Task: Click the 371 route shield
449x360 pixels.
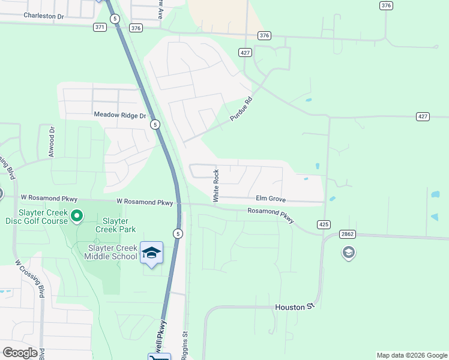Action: pyautogui.click(x=100, y=27)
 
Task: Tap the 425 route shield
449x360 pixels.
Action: pyautogui.click(x=324, y=224)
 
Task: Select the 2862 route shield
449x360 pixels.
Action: pyautogui.click(x=348, y=234)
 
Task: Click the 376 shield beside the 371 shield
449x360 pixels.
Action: pyautogui.click(x=136, y=28)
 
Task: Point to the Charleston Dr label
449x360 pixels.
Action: pyautogui.click(x=43, y=16)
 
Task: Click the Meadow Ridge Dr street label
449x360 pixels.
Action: pyautogui.click(x=120, y=115)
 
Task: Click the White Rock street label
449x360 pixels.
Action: pyautogui.click(x=216, y=185)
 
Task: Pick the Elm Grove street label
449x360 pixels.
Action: pyautogui.click(x=271, y=199)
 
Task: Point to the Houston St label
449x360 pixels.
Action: pyautogui.click(x=295, y=307)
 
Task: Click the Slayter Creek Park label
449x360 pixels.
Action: pyautogui.click(x=115, y=225)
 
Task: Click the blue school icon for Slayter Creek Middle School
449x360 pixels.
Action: pyautogui.click(x=152, y=252)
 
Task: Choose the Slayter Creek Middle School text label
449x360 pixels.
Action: pyautogui.click(x=112, y=252)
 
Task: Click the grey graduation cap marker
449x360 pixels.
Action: pyautogui.click(x=348, y=253)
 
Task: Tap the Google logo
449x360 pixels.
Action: pyautogui.click(x=20, y=353)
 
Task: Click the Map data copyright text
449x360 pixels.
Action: pyautogui.click(x=411, y=355)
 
